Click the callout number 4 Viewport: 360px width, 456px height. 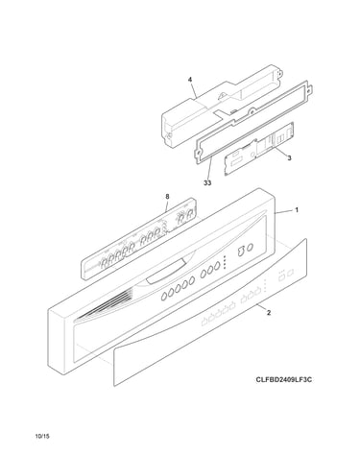[190, 79]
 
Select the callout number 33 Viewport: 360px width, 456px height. [207, 183]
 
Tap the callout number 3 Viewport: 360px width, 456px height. [289, 157]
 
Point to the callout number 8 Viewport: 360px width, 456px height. [167, 197]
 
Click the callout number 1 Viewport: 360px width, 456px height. [297, 210]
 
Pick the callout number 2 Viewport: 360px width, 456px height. [269, 313]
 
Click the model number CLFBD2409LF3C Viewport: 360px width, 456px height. [284, 380]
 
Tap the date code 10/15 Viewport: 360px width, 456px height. [43, 436]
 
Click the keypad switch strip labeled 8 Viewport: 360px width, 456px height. [138, 238]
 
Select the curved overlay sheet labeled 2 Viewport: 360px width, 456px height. [210, 312]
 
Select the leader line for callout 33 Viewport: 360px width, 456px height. [210, 170]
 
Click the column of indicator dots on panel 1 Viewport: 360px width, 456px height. [225, 262]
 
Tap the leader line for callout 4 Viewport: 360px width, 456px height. [193, 90]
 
